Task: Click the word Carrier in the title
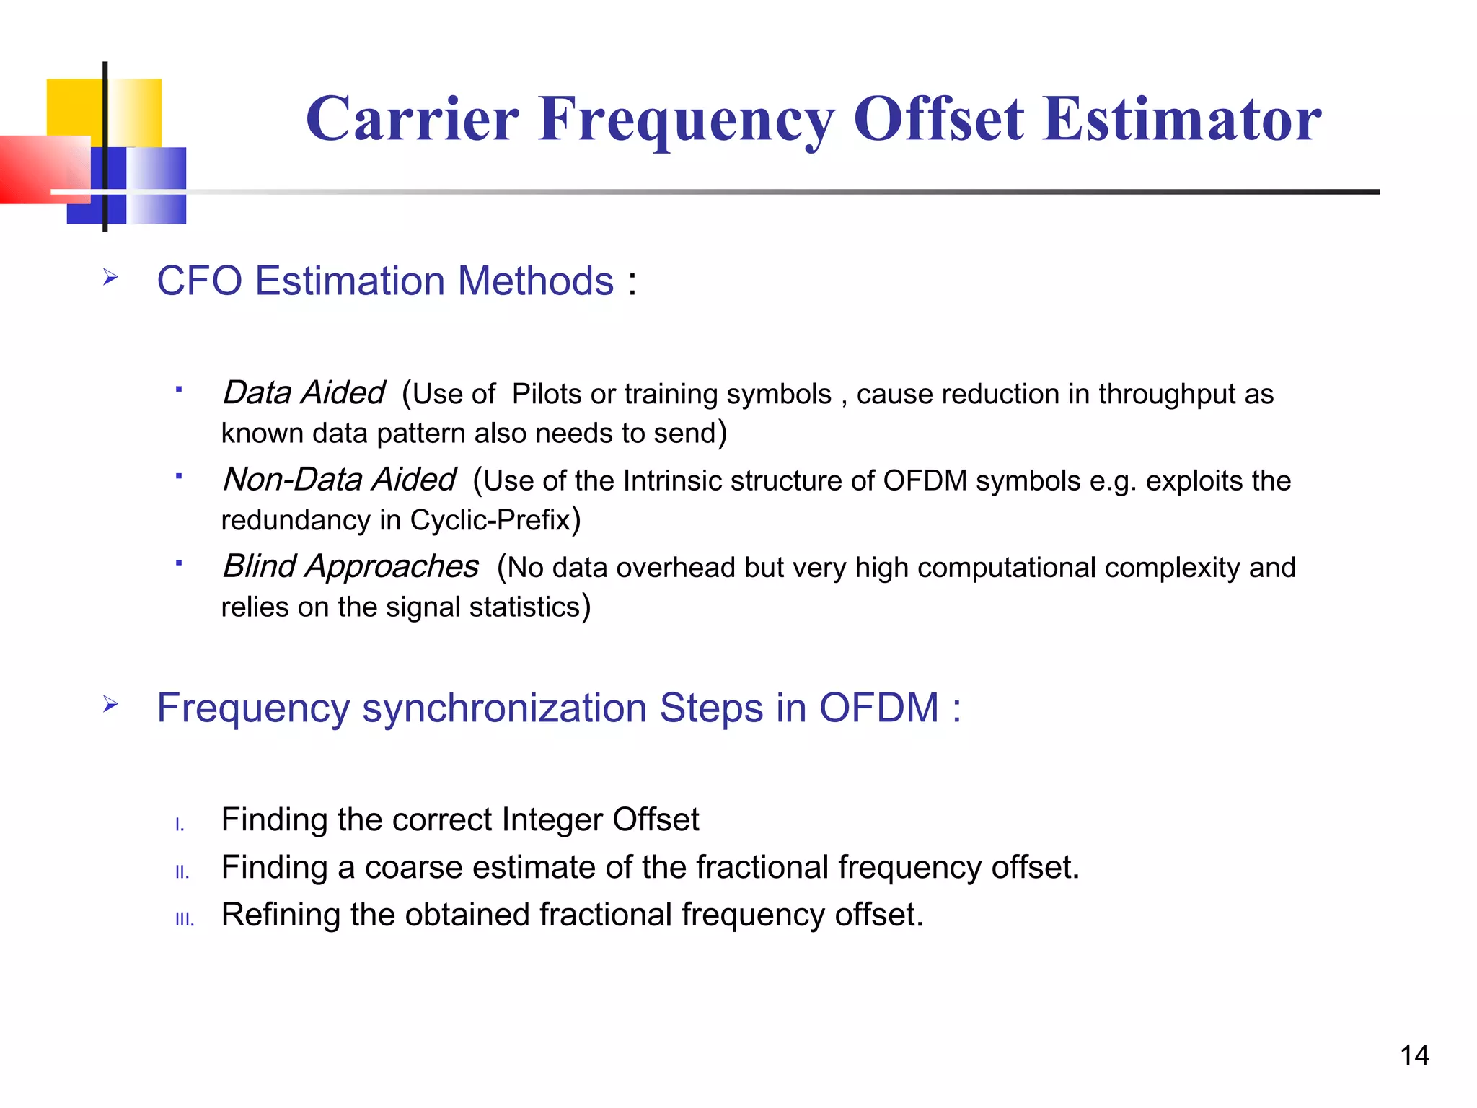pyautogui.click(x=412, y=119)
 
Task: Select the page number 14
pyautogui.click(x=1414, y=1055)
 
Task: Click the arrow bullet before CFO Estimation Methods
pyautogui.click(x=110, y=277)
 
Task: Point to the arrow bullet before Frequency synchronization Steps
pyautogui.click(x=110, y=703)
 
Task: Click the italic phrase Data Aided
pyautogui.click(x=304, y=393)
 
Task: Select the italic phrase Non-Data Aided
pyautogui.click(x=339, y=480)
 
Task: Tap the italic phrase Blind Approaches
pyautogui.click(x=350, y=566)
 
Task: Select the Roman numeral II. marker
pyautogui.click(x=182, y=873)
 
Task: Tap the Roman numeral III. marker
pyautogui.click(x=185, y=920)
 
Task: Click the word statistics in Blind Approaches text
pyautogui.click(x=524, y=607)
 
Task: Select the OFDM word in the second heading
pyautogui.click(x=878, y=708)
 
